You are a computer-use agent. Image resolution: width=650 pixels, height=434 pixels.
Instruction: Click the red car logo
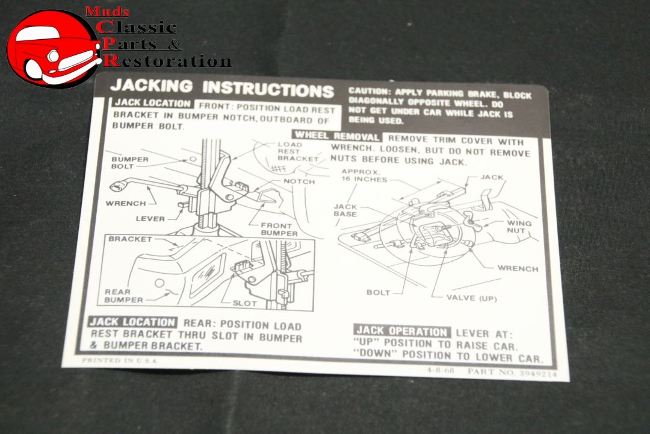[53, 48]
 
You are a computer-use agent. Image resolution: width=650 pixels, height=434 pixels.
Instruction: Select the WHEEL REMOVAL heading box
[336, 136]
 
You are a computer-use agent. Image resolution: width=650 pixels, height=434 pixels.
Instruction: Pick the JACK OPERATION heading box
[402, 331]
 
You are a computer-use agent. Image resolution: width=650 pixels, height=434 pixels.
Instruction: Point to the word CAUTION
[369, 91]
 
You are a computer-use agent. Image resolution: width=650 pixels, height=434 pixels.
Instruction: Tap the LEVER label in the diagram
[150, 219]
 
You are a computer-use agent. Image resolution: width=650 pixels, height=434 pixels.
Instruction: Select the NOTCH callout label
[299, 181]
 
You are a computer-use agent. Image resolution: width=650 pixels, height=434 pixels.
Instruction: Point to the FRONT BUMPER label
[279, 229]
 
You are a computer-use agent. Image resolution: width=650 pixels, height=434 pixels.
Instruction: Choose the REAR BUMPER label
[124, 295]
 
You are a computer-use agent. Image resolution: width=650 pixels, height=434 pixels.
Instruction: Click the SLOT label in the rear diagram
[244, 303]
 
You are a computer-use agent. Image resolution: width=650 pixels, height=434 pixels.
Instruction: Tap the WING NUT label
[519, 227]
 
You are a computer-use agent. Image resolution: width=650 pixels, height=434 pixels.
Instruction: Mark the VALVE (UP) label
[471, 298]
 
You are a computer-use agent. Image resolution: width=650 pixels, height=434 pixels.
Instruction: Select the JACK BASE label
[345, 210]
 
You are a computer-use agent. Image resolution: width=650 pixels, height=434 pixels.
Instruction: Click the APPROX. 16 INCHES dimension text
[364, 175]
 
